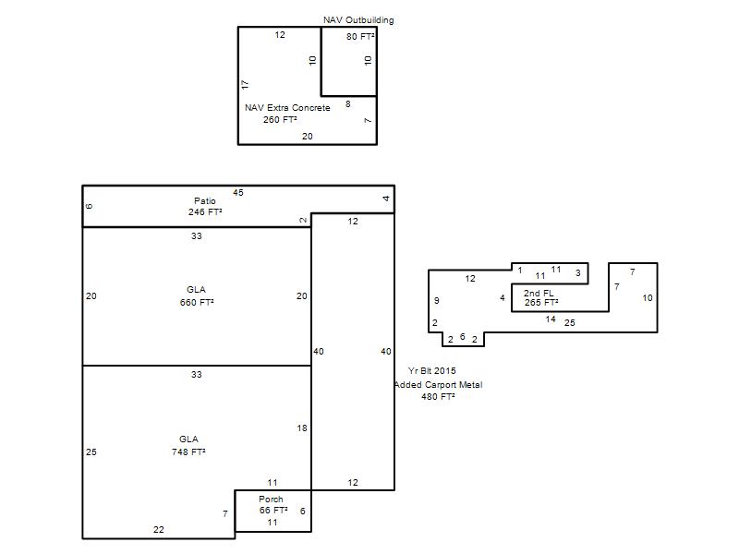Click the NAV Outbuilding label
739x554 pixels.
point(358,20)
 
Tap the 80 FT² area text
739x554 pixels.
point(360,36)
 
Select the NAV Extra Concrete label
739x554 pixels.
point(287,108)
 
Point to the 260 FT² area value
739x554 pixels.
point(280,120)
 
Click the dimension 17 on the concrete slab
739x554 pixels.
point(245,85)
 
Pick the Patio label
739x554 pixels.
point(204,200)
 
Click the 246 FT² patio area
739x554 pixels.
point(205,212)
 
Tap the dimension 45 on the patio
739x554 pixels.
point(238,193)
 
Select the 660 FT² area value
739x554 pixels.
point(197,303)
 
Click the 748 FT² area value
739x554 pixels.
point(188,452)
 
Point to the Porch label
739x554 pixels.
point(271,499)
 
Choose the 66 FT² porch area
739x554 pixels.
point(273,511)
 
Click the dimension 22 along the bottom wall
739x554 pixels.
point(159,529)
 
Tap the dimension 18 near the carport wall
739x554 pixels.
point(302,428)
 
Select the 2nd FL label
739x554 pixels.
point(539,293)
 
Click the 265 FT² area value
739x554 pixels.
point(541,303)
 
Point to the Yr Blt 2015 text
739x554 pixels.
point(432,371)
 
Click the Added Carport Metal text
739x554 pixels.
point(438,385)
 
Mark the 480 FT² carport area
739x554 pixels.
point(438,397)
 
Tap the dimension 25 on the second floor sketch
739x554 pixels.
point(570,322)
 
